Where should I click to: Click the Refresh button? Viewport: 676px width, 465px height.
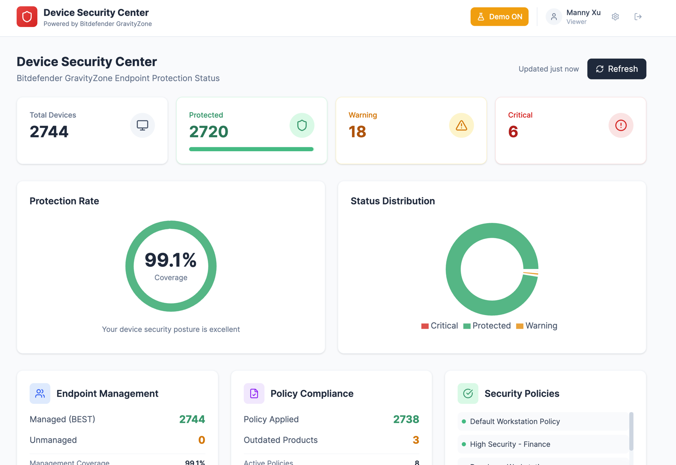[616, 69]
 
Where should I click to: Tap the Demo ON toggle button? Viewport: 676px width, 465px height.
[499, 17]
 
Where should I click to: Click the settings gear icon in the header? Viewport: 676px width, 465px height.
[615, 17]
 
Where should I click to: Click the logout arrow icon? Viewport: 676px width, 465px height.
[638, 17]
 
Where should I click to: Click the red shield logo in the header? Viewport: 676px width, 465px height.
[27, 17]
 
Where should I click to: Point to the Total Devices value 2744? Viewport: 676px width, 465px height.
[49, 132]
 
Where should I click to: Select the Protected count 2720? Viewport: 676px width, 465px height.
[209, 132]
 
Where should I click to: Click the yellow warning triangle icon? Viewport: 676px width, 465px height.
[461, 125]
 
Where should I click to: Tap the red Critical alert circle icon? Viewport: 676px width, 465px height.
[621, 125]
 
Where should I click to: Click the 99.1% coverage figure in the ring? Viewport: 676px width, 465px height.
[171, 260]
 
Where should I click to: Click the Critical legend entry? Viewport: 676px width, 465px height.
[439, 326]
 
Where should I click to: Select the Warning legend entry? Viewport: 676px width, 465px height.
[537, 326]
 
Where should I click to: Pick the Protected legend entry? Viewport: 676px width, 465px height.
[487, 326]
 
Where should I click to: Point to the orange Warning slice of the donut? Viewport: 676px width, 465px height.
[531, 274]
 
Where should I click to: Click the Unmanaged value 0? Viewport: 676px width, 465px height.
[202, 440]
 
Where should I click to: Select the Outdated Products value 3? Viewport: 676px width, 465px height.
[416, 440]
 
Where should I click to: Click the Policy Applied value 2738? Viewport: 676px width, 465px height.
[406, 419]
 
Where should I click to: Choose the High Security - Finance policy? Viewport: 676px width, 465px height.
[510, 444]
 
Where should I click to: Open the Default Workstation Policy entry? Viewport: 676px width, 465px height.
[515, 421]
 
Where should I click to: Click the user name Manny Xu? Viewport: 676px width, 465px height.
[583, 13]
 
